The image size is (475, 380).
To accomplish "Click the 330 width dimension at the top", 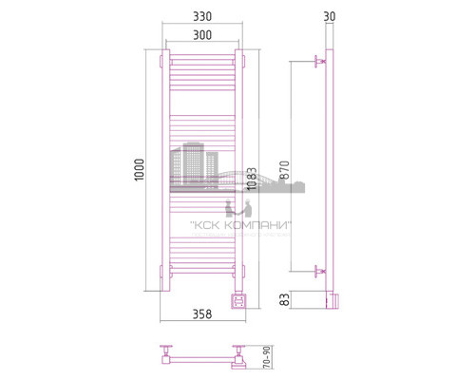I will pos(199,16).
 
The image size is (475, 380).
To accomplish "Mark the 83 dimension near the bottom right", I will pos(283,300).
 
